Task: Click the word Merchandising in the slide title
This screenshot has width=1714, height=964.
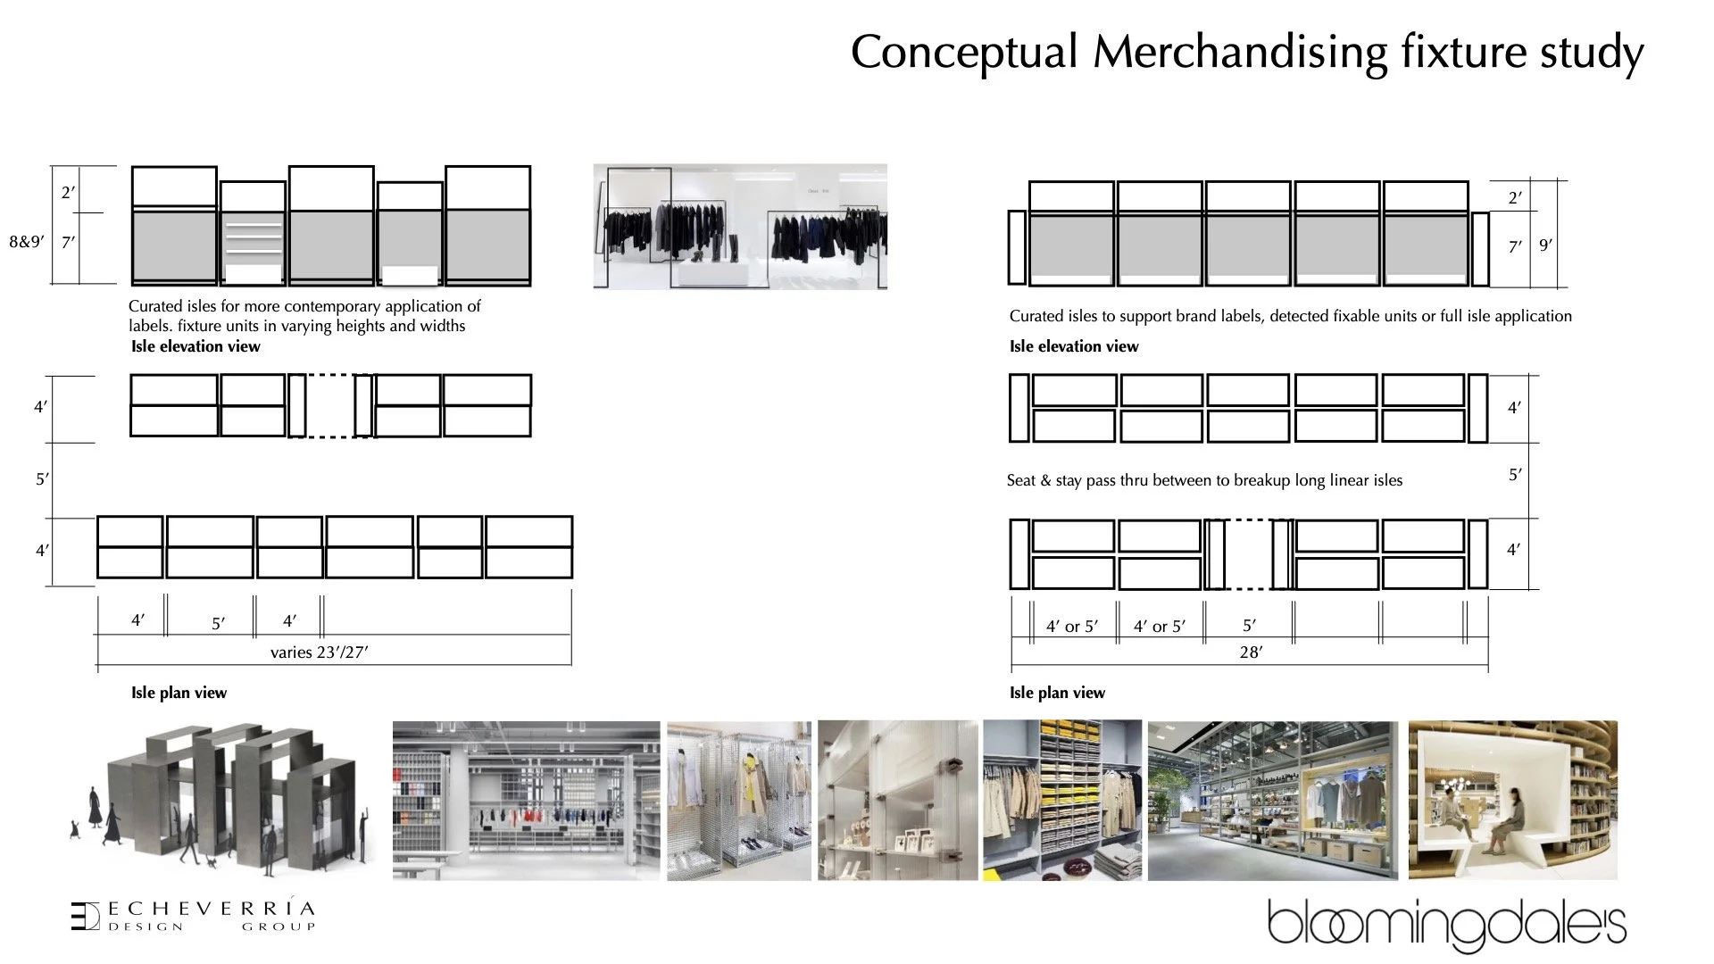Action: [1241, 53]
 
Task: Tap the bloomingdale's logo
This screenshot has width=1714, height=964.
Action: [1446, 925]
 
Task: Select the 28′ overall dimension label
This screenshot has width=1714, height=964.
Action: [1251, 652]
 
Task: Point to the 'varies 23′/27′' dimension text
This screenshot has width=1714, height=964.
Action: [319, 652]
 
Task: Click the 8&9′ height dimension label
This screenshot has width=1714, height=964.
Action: [26, 242]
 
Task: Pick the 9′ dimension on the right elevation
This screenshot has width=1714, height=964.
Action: [1545, 245]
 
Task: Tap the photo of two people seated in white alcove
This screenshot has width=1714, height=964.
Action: [1512, 801]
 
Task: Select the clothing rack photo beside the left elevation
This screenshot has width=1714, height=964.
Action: [740, 227]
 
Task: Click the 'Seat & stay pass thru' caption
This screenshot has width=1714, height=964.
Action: [1204, 480]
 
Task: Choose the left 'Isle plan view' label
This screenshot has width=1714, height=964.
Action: [179, 693]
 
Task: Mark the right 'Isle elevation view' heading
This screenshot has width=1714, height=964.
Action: [1074, 346]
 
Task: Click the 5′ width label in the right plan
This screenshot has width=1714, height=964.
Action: [1249, 626]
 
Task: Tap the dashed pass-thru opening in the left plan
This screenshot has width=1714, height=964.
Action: [330, 406]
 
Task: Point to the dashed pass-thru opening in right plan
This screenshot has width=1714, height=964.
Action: [1249, 554]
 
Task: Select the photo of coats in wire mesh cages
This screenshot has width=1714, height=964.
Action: [739, 801]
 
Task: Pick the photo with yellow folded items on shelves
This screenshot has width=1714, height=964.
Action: [1062, 801]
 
